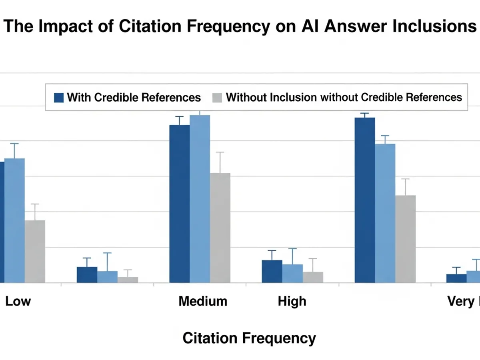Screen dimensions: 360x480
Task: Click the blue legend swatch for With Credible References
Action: (x=59, y=98)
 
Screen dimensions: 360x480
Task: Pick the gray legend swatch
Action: (x=217, y=98)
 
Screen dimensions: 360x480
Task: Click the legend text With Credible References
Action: (x=134, y=97)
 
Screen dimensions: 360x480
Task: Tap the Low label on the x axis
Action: (x=18, y=301)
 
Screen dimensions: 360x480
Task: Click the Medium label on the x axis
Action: (x=203, y=301)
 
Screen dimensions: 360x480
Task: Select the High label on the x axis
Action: (x=292, y=301)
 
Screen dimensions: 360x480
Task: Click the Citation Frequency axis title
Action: (x=249, y=338)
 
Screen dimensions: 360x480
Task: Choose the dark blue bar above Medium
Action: (x=180, y=204)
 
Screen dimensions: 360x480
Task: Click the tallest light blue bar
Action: (x=200, y=199)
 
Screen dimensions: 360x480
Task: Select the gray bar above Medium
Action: (x=220, y=228)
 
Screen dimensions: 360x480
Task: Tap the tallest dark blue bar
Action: (x=365, y=200)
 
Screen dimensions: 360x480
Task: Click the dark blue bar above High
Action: (x=272, y=272)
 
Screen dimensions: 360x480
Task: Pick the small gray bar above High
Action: (x=313, y=277)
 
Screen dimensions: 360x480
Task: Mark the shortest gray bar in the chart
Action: (x=128, y=280)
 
